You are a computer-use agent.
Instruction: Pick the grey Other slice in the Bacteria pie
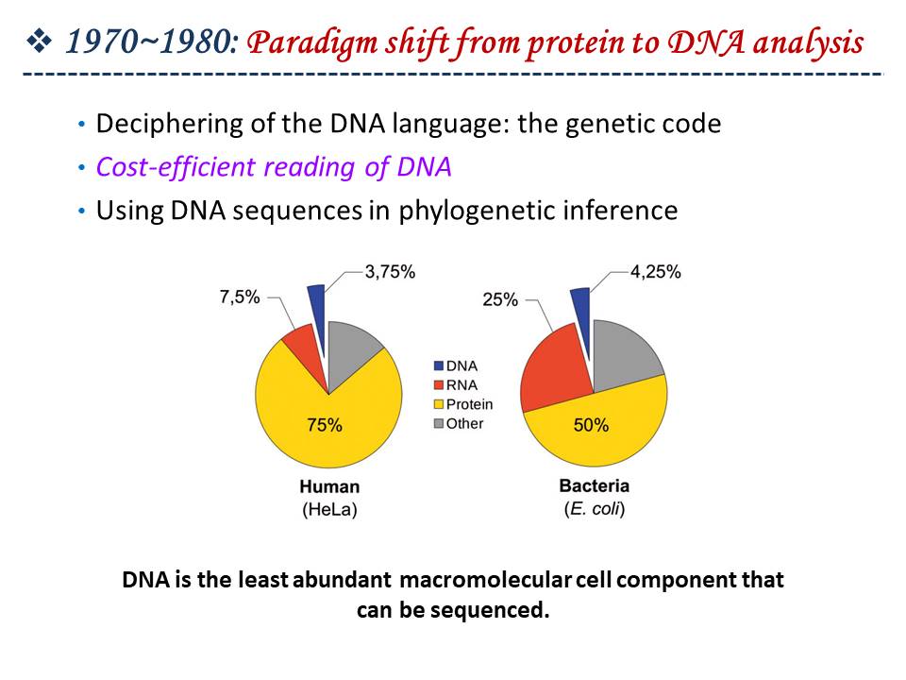[624, 352]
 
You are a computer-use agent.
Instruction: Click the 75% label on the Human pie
[324, 425]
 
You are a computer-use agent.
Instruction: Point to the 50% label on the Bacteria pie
[591, 425]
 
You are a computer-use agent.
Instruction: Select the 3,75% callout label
[390, 272]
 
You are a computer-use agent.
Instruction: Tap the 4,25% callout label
[656, 272]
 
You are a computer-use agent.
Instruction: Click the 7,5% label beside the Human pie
[240, 297]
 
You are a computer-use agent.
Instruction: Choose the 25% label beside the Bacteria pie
[500, 299]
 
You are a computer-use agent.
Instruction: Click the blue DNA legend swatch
[439, 366]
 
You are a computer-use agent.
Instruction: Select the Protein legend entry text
[469, 404]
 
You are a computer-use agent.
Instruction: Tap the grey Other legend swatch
[439, 424]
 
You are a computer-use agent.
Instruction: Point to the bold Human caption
[329, 487]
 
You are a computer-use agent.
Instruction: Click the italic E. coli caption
[595, 509]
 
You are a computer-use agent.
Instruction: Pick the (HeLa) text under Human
[329, 509]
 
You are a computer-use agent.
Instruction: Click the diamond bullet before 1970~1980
[40, 42]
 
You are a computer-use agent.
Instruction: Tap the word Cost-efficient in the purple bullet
[176, 167]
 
